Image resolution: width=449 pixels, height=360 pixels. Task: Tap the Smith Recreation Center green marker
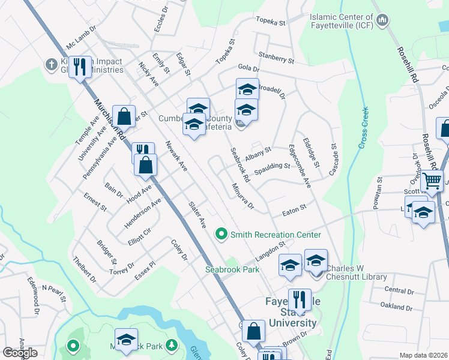[x=222, y=235]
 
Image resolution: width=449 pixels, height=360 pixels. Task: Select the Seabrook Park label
[x=233, y=269]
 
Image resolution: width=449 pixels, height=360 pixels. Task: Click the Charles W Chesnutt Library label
[x=357, y=273]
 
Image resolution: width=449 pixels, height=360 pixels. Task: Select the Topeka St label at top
[x=270, y=22]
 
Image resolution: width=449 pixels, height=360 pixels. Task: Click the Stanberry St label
[x=276, y=59]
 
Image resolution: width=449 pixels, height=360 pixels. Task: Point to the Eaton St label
[x=295, y=208]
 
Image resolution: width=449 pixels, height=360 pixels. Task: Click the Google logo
[x=20, y=352]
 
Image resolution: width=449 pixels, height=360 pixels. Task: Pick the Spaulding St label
[x=272, y=166]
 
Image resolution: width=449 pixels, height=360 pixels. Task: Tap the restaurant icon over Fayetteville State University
[x=299, y=298]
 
